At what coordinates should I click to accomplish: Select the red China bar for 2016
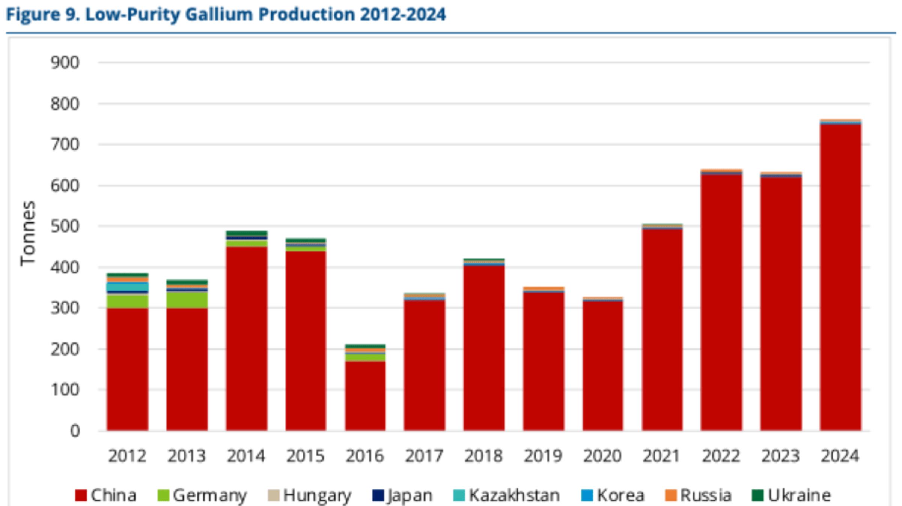365,396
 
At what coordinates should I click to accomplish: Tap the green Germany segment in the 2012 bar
128,302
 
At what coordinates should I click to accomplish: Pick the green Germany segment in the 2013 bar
187,300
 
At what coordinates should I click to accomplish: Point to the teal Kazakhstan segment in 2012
128,287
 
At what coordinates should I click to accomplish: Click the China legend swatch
81,495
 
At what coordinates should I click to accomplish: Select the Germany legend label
210,495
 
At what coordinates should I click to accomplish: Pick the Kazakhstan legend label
514,495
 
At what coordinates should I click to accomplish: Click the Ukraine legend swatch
758,495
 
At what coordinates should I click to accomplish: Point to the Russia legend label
706,495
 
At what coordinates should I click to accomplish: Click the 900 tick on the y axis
65,63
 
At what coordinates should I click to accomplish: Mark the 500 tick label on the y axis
65,227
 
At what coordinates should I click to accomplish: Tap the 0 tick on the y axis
75,431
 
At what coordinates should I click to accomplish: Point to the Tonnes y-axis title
28,233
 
